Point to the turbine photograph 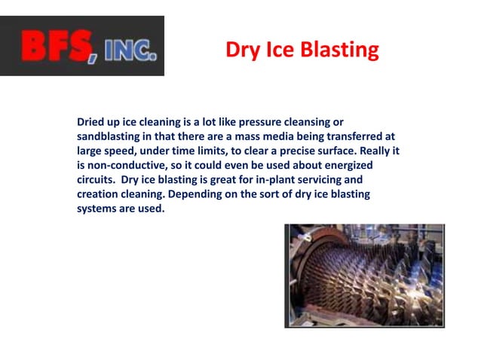tap(364, 276)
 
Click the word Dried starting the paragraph tap(92, 121)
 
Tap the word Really tap(372, 151)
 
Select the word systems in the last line tap(99, 209)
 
